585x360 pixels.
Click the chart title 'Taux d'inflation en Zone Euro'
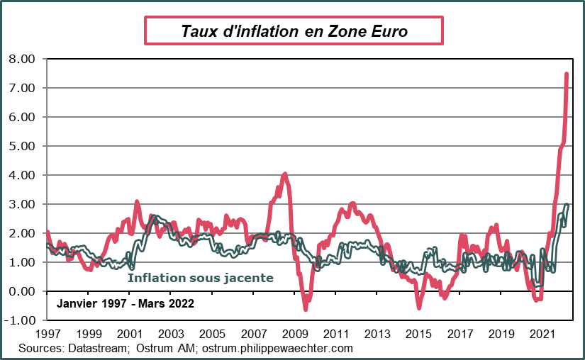pyautogui.click(x=294, y=31)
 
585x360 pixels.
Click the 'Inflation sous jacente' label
pyautogui.click(x=201, y=278)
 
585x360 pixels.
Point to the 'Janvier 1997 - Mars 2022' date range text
pyautogui.click(x=125, y=303)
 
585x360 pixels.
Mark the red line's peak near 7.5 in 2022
pyautogui.click(x=567, y=74)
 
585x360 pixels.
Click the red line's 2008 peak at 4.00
pyautogui.click(x=285, y=174)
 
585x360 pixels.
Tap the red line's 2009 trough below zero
pyautogui.click(x=306, y=308)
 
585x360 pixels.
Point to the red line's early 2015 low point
pyautogui.click(x=419, y=307)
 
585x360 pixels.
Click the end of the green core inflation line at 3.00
pyautogui.click(x=567, y=205)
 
